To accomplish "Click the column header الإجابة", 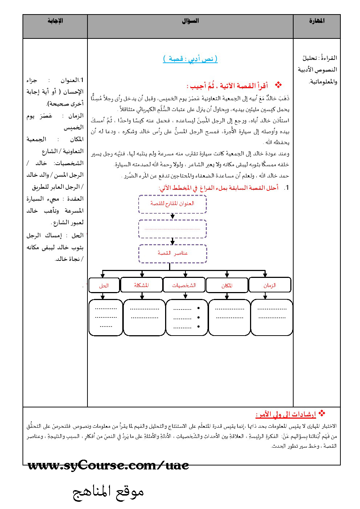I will (x=55, y=21).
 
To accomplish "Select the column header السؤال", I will (x=190, y=21).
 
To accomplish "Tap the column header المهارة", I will (x=317, y=21).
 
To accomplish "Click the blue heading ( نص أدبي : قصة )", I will (x=190, y=59).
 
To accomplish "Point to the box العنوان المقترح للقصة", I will (x=172, y=204).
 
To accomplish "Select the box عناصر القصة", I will (x=172, y=253).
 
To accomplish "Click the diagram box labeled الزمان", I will (x=270, y=285).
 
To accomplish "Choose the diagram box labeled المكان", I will (x=227, y=285).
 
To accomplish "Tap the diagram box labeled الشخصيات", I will (x=184, y=285).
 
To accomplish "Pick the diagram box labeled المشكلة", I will (x=142, y=285).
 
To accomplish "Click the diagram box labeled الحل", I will (x=104, y=285).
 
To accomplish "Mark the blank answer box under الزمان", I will (x=272, y=317).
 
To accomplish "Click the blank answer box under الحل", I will (x=106, y=317).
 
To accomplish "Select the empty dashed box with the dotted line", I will (x=172, y=229).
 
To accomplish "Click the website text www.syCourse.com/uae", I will (x=108, y=465).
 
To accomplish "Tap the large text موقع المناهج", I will (x=109, y=492).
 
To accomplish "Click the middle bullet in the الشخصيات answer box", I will (x=199, y=317).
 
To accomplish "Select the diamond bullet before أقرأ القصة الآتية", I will (x=279, y=85).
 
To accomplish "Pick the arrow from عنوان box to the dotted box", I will (x=172, y=216).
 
